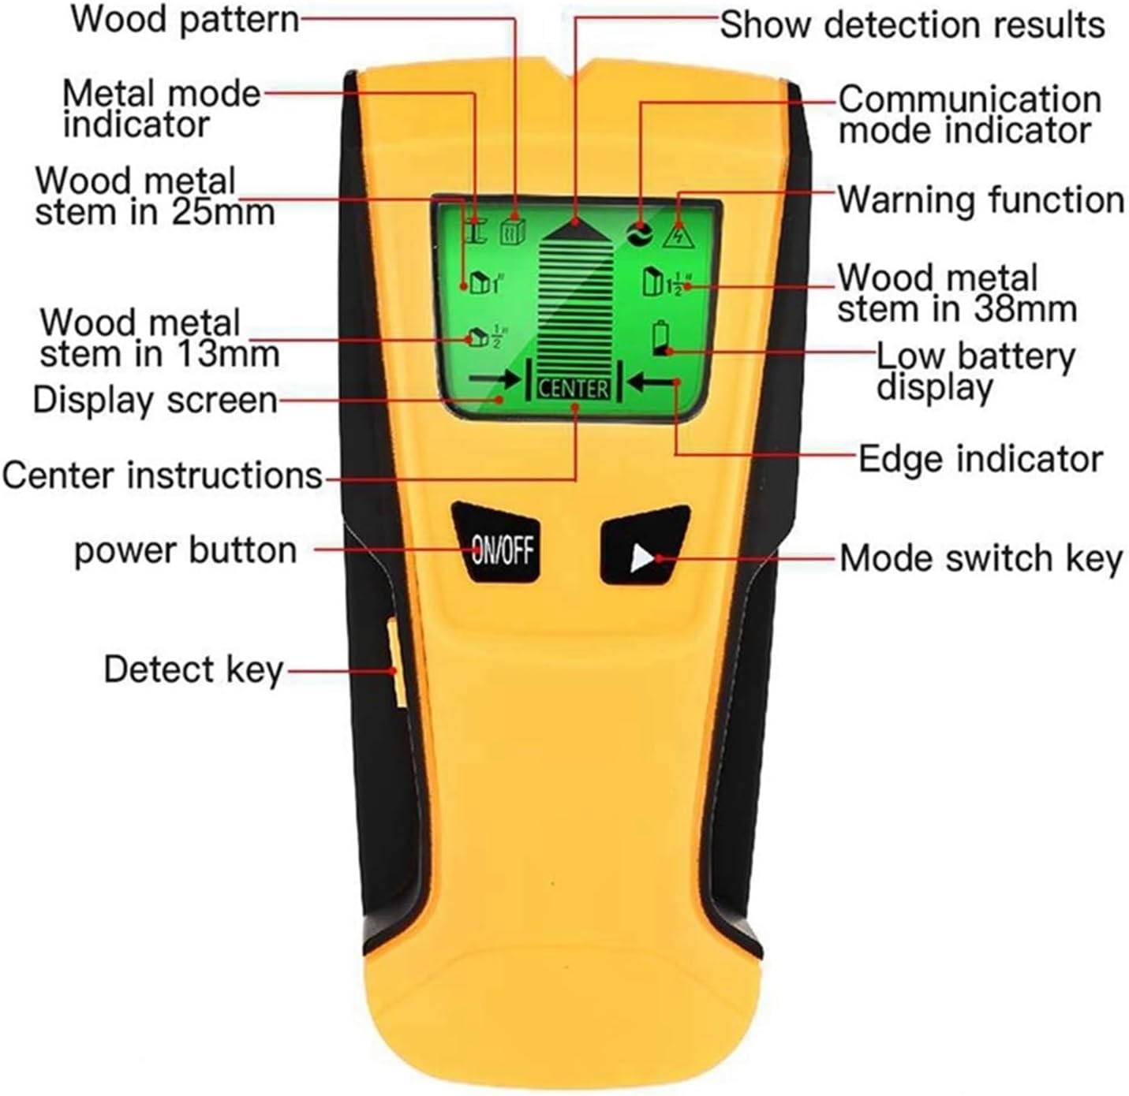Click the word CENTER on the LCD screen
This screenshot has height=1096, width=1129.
point(574,388)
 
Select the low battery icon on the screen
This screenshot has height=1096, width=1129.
point(660,339)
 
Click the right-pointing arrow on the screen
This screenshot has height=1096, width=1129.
point(494,380)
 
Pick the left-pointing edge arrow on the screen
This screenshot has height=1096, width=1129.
point(655,382)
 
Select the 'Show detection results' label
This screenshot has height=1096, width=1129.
point(911,24)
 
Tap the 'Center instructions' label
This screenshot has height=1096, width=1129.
point(163,476)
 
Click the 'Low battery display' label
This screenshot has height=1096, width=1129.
point(975,371)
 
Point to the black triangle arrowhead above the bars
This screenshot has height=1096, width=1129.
point(574,228)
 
